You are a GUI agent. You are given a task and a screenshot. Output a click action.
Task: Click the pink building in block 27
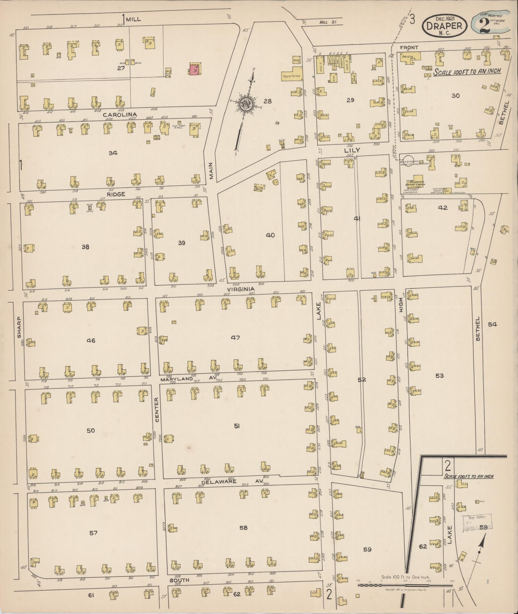click(194, 70)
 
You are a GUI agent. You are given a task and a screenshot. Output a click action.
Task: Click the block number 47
click(236, 337)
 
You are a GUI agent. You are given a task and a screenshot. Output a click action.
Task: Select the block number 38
click(85, 247)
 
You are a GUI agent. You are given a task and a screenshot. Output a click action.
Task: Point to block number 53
click(439, 376)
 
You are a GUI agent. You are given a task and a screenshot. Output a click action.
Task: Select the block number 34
click(113, 153)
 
